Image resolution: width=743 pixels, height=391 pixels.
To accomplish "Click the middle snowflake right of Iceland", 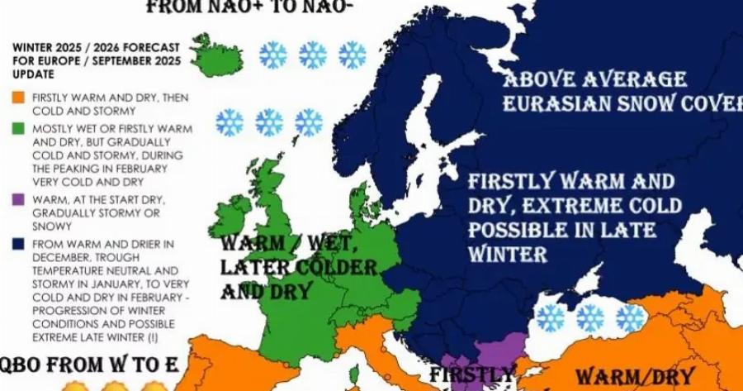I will tap(313, 55).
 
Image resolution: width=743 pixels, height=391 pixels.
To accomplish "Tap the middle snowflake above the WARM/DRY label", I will tap(589, 318).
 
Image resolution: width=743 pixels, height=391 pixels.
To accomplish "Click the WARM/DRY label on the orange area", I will tap(634, 376).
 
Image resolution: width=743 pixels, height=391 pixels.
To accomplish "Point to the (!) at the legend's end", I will tap(153, 337).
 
